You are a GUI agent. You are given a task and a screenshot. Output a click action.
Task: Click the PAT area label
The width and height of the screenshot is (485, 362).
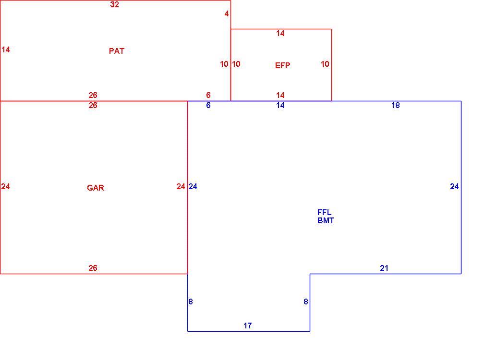tap(117, 51)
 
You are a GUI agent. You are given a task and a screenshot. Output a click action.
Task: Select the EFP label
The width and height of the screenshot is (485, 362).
tap(283, 65)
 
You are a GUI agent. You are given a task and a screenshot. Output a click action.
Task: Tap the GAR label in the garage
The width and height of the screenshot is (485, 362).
tap(96, 188)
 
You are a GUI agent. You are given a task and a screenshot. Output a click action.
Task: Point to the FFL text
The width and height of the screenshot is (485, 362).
tap(325, 212)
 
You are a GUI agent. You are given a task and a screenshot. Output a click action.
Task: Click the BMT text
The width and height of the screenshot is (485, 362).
tap(326, 220)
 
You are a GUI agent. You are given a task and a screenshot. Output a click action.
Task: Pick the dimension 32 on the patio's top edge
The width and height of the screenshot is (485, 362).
tap(114, 5)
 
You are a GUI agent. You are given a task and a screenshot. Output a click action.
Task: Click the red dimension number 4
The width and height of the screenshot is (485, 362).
tap(227, 13)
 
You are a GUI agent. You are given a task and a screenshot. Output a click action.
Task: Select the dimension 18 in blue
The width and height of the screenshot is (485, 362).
tap(396, 106)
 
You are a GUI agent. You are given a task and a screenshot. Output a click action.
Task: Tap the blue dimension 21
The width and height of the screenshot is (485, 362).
tap(384, 268)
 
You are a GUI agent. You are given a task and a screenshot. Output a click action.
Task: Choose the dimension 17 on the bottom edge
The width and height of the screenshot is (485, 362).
tap(247, 326)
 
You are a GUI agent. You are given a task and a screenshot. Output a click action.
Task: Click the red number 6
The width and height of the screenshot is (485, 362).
tap(208, 95)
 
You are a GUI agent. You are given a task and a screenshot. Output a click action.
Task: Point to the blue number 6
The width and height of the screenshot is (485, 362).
tap(208, 106)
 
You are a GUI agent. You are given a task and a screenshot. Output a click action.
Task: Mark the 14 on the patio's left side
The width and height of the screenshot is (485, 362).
tap(6, 49)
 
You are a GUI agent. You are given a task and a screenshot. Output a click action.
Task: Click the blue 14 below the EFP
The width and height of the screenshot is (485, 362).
tap(280, 106)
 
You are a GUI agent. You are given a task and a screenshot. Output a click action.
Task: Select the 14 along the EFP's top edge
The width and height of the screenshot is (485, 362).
tap(280, 34)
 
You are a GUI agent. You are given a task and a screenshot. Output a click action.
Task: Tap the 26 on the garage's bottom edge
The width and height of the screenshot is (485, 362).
tap(93, 268)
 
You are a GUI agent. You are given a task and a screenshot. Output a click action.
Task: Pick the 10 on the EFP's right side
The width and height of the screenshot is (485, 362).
tap(325, 64)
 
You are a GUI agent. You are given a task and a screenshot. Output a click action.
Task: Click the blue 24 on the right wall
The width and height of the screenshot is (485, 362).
tap(454, 186)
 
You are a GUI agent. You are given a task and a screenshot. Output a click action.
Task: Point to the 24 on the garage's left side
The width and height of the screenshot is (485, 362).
tap(6, 186)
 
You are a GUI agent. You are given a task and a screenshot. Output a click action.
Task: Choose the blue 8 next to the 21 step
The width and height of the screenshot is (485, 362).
tap(306, 302)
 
